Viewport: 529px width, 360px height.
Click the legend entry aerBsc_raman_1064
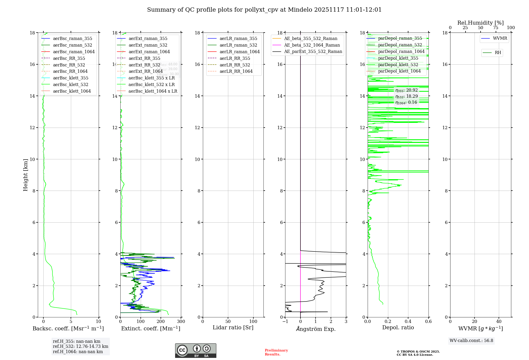(x=74, y=52)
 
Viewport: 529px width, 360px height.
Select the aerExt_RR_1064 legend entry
(x=145, y=71)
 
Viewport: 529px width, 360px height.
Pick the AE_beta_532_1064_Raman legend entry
(x=312, y=45)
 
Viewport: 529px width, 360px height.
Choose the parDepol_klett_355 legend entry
(x=398, y=58)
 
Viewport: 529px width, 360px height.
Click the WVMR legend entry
(x=500, y=38)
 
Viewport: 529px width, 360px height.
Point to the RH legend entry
(x=498, y=53)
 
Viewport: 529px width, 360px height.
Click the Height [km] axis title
(x=25, y=175)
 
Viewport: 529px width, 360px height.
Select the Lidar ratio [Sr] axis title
(x=233, y=327)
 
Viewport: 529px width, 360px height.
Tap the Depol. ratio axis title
(x=398, y=327)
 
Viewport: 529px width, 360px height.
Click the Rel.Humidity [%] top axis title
(x=480, y=23)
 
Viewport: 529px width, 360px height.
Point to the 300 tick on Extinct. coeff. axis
(x=181, y=322)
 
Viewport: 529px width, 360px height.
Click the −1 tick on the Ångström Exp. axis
(x=285, y=322)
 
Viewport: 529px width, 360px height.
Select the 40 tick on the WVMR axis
(x=499, y=322)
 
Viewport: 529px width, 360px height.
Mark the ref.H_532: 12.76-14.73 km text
(x=80, y=346)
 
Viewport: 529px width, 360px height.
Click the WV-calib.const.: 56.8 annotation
(x=471, y=340)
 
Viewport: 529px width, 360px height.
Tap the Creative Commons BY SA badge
(x=195, y=350)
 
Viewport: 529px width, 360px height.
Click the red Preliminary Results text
(x=276, y=352)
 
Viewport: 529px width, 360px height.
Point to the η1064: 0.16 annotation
(x=406, y=102)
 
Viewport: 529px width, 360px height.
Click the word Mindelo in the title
(x=300, y=10)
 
